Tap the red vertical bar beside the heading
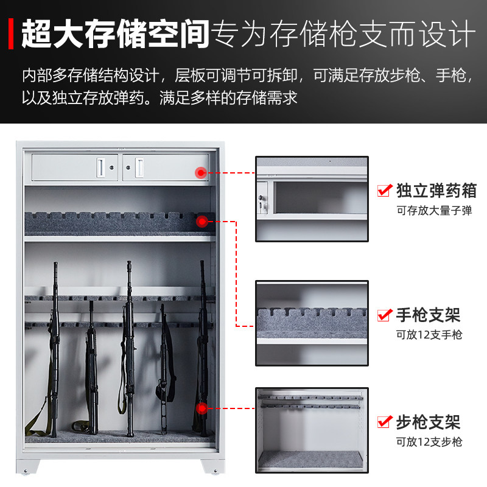tap(12, 33)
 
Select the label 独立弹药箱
tap(436, 191)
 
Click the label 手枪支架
tap(428, 315)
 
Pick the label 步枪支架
tap(428, 421)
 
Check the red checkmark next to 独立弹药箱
tap(384, 191)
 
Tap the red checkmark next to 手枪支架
tap(384, 315)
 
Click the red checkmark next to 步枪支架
tap(384, 421)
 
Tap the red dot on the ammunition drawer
tap(200, 173)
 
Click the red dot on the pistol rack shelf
tap(201, 222)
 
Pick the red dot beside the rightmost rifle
tap(201, 408)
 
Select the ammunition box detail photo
tap(311, 199)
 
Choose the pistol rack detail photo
tap(311, 323)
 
